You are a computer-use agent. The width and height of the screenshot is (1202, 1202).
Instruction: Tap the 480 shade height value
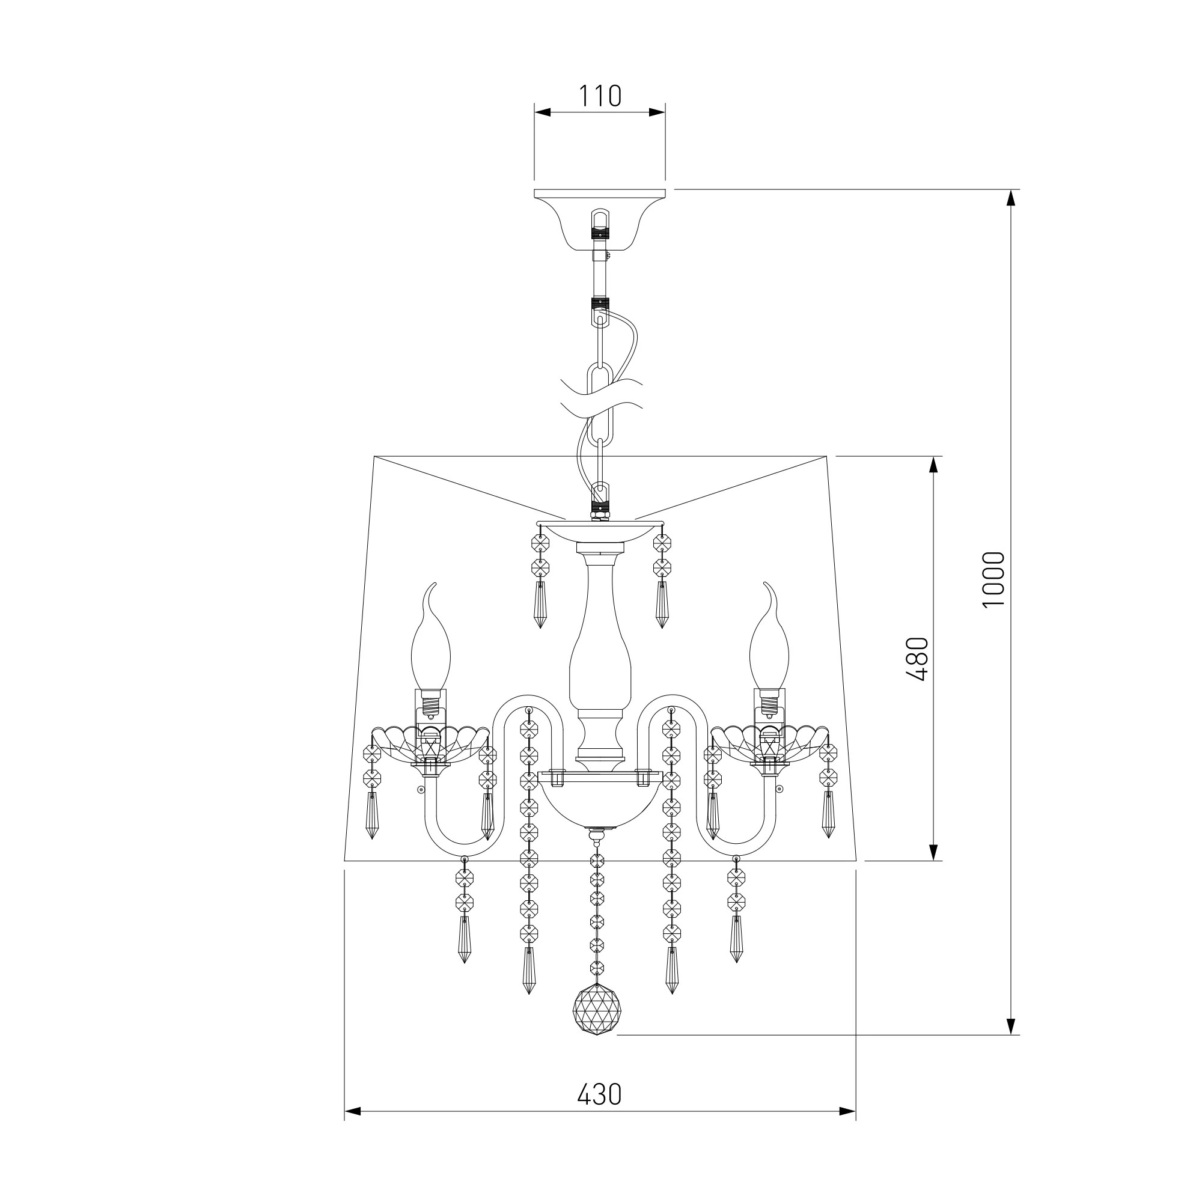pyautogui.click(x=918, y=659)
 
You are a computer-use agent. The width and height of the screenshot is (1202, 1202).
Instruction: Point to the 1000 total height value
pyautogui.click(x=993, y=580)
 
